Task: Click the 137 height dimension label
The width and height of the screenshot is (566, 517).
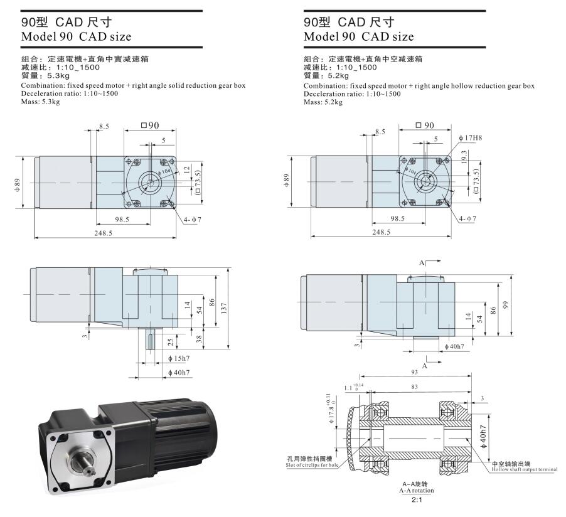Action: pos(224,308)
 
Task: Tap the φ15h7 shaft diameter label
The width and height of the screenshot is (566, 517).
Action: pos(179,358)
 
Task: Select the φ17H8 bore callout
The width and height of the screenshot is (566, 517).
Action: pos(471,138)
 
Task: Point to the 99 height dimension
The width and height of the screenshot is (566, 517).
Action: pos(505,305)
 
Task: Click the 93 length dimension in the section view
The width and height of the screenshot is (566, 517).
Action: pos(414,372)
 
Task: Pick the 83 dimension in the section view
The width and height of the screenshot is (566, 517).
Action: pos(414,386)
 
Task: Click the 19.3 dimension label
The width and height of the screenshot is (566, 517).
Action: pos(464,157)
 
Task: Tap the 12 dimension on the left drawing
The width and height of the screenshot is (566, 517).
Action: pos(186,169)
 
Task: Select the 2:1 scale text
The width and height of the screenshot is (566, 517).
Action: pos(417,500)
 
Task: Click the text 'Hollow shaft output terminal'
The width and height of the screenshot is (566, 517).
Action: pos(525,469)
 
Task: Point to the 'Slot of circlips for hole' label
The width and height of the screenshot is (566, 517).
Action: pos(312,465)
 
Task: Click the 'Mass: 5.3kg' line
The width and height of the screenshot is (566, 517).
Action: pos(40,102)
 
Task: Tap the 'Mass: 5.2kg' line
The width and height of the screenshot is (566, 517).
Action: pos(323,102)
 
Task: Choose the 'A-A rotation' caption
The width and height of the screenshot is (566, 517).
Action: pos(417,491)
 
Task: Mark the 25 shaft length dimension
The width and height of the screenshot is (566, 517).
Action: pos(171,341)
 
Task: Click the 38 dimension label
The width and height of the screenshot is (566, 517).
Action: pos(199,339)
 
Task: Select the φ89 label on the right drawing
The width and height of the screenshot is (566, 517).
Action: pos(286,181)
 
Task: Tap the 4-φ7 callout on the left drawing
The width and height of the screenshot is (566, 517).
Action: pos(193,220)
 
